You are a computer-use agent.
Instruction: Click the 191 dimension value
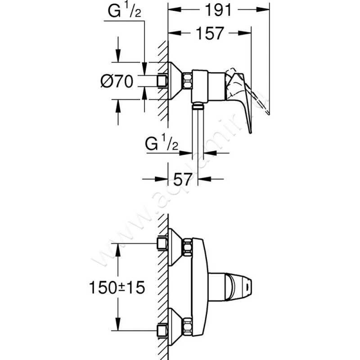click(x=217, y=10)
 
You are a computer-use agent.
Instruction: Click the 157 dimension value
click(x=210, y=33)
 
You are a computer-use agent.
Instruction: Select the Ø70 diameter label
click(x=116, y=81)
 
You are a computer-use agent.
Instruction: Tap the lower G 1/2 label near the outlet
click(x=163, y=145)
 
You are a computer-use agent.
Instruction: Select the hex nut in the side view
click(x=187, y=81)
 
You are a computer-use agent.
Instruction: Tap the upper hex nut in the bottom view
click(x=187, y=246)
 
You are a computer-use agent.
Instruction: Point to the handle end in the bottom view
click(x=247, y=284)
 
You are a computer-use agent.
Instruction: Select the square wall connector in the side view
click(x=162, y=81)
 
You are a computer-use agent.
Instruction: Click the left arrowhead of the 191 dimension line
click(x=171, y=10)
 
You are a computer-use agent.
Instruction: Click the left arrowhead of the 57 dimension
click(x=164, y=179)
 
